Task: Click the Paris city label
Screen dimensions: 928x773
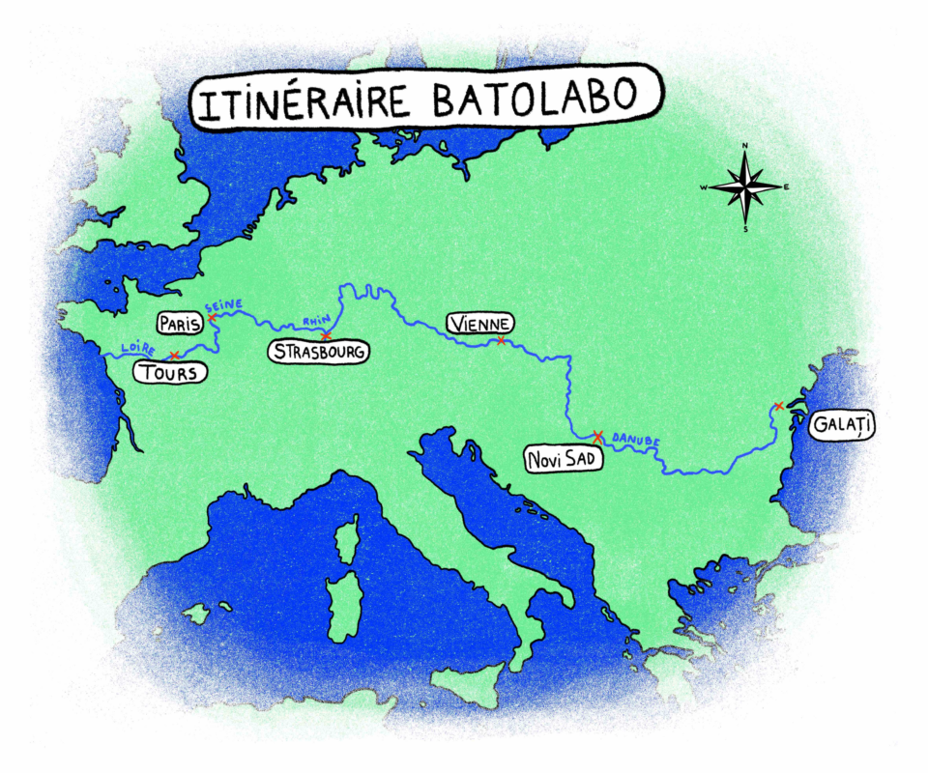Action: click(x=178, y=323)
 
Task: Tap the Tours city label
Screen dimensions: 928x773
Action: click(x=170, y=373)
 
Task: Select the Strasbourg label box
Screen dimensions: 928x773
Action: click(x=318, y=353)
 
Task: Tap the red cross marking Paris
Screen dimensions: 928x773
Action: click(x=212, y=317)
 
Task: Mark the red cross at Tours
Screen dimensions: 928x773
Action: click(x=174, y=356)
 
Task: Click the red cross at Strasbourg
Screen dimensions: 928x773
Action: click(x=326, y=335)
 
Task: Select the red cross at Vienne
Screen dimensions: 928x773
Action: click(x=501, y=340)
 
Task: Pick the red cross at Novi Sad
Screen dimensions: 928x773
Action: click(x=597, y=436)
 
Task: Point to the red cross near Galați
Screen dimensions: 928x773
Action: click(x=778, y=406)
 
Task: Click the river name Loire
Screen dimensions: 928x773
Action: click(x=134, y=346)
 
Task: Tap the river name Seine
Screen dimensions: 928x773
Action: click(x=224, y=306)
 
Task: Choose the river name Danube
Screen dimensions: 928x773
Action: click(x=637, y=438)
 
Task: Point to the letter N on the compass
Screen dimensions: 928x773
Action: click(x=744, y=146)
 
